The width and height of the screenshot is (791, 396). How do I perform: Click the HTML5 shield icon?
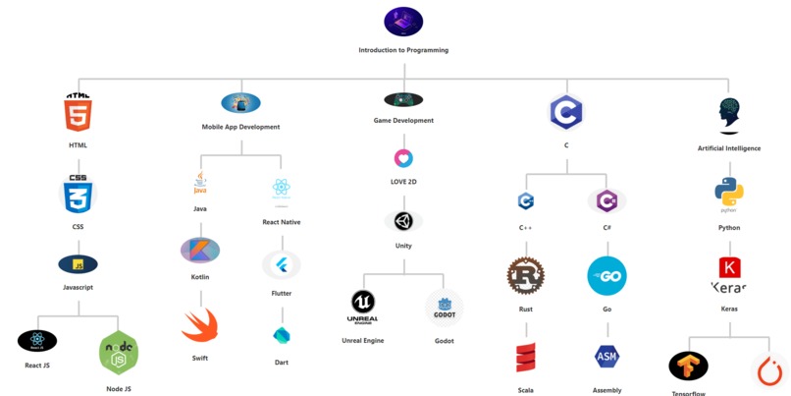78,113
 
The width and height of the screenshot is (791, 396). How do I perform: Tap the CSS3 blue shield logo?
78,195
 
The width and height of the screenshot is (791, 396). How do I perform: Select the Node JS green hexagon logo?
118,354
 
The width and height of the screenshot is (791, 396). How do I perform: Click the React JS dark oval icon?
37,341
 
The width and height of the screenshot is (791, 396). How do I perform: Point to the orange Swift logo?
200,326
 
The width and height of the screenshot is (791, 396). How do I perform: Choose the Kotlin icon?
200,250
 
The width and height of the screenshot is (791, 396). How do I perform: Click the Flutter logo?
282,264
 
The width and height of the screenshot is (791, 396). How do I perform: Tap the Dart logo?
282,335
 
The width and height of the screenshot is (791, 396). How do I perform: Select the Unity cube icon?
403,220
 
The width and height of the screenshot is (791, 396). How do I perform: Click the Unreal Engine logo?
363,306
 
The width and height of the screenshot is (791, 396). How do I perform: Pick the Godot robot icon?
444,308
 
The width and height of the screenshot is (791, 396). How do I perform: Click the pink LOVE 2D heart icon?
403,158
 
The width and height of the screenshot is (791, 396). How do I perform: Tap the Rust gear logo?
526,276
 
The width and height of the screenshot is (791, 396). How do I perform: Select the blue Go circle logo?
606,276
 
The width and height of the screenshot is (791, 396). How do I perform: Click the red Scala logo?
526,358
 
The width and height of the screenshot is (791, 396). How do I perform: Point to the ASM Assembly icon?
606,356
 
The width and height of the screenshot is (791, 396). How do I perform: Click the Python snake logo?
729,194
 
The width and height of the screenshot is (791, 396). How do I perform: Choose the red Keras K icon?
729,267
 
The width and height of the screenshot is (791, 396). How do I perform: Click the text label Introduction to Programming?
403,50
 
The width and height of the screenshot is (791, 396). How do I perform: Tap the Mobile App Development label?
240,127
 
